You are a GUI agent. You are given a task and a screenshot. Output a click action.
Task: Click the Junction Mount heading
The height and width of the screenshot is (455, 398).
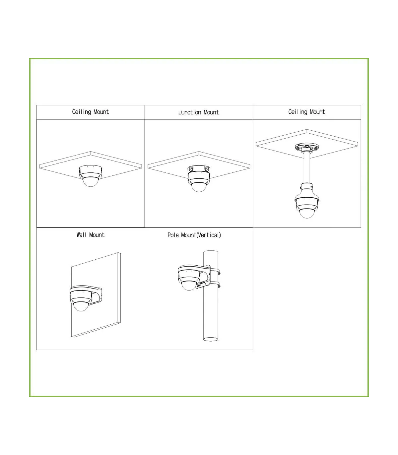point(199,112)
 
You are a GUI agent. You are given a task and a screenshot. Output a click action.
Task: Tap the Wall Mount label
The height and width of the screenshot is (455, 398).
point(91,235)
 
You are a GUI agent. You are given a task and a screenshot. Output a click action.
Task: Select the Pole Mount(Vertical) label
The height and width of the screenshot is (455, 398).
point(194,235)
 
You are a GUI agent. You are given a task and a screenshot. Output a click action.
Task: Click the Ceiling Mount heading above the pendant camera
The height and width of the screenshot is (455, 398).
point(306,112)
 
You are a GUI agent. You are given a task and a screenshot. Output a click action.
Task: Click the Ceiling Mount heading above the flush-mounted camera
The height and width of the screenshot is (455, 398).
point(90,112)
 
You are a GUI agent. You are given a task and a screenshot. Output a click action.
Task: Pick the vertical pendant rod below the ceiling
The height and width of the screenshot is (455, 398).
point(307,167)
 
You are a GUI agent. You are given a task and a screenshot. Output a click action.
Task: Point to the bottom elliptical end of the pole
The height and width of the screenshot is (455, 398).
point(211,339)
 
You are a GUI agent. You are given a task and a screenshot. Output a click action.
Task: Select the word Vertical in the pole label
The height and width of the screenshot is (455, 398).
point(208,235)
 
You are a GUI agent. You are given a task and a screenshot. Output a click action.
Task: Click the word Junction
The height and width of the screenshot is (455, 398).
point(190,112)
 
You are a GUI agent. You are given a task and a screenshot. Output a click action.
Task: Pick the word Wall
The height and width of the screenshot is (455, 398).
point(81,235)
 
